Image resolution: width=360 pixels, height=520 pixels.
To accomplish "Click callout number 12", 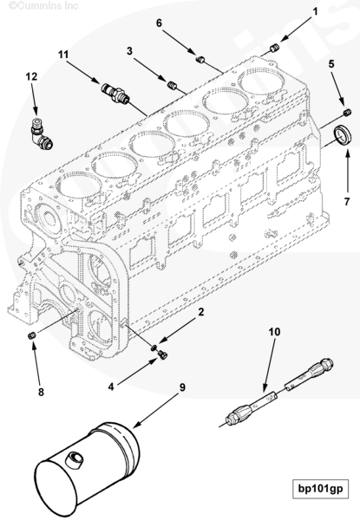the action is click(31, 76).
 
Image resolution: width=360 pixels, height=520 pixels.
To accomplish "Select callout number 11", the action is click(63, 54).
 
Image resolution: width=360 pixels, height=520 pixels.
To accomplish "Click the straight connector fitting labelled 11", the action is click(115, 93).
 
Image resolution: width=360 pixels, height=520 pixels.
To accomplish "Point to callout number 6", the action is click(159, 23).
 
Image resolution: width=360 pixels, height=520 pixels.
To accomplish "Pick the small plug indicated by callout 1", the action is click(275, 49).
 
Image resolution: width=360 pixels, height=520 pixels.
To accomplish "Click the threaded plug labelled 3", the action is click(171, 85).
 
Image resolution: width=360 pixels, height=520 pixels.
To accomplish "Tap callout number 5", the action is click(331, 63).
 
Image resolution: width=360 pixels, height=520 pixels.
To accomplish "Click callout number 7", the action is click(347, 201).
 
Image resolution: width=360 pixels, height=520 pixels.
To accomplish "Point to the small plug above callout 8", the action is click(32, 335).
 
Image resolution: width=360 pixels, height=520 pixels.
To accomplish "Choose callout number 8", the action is click(41, 393).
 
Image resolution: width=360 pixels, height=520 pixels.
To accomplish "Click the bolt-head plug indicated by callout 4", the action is click(162, 354).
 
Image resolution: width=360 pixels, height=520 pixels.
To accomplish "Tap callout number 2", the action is click(201, 312).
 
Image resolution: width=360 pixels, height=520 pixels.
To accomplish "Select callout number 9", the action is click(182, 387).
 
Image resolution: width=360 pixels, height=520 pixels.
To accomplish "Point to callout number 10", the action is click(274, 331).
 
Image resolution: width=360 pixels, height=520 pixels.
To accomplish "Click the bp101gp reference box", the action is click(320, 489).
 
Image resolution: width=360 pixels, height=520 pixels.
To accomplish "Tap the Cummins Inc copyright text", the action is click(43, 6).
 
